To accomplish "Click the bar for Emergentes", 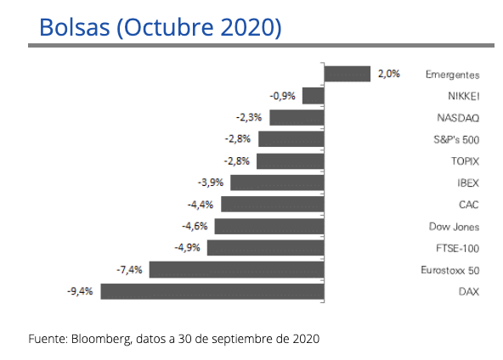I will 347,74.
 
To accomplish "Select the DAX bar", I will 212,291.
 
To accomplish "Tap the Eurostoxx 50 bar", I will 235,270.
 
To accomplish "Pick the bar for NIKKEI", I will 313,96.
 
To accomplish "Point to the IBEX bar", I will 277,183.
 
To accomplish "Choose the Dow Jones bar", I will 268,227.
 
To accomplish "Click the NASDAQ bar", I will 297,118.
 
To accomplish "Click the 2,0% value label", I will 388,74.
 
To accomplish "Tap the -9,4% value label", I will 81,291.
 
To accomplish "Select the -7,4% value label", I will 129,270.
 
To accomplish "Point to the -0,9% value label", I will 283,96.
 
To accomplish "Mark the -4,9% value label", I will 188,248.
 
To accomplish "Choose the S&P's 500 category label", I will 456,139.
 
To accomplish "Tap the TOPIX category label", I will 464,161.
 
